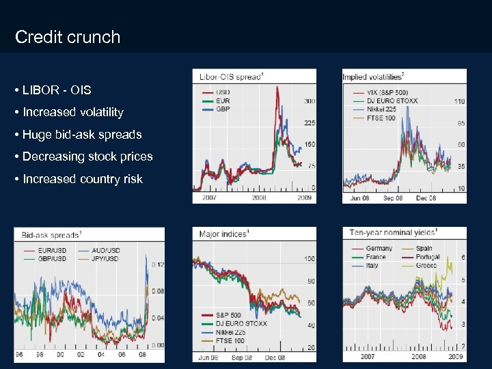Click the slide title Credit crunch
click(68, 37)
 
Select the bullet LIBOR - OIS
click(56, 90)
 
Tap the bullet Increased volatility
click(72, 112)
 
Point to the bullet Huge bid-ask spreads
click(81, 135)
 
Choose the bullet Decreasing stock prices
click(87, 156)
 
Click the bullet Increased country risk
click(82, 179)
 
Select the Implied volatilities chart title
click(373, 77)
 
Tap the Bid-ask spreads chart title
click(52, 235)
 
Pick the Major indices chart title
click(223, 234)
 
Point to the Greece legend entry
click(426, 265)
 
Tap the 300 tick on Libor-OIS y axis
click(310, 101)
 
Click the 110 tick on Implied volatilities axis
click(459, 101)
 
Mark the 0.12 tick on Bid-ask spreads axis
click(158, 264)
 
